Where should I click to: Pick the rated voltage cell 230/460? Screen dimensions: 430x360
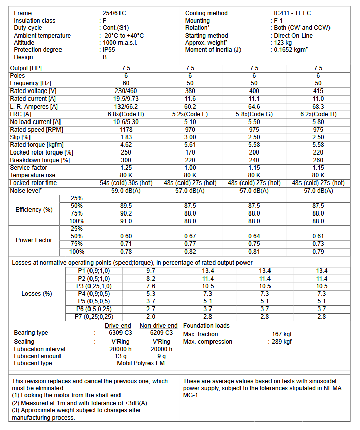pos(126,91)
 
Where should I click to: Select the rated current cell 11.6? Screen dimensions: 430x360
pos(190,99)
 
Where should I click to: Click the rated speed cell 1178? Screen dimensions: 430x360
pos(126,129)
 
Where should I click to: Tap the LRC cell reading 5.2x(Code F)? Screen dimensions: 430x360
pos(190,114)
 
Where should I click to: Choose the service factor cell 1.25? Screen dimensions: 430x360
pos(126,167)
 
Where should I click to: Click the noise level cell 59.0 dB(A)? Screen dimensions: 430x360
pos(126,191)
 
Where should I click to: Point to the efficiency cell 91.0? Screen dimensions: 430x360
pos(126,221)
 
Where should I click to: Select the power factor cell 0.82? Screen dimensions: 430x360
pos(190,252)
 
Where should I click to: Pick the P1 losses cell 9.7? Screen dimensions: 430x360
pos(151,271)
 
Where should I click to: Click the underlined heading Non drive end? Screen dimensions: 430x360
pos(159,326)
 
